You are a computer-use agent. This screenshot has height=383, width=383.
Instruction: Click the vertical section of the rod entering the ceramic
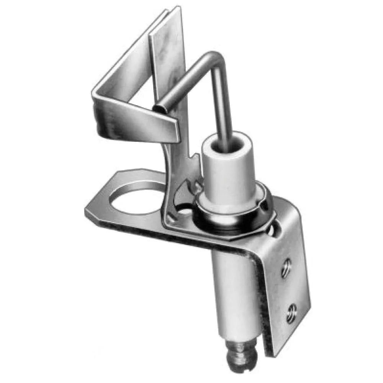[x=223, y=111]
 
